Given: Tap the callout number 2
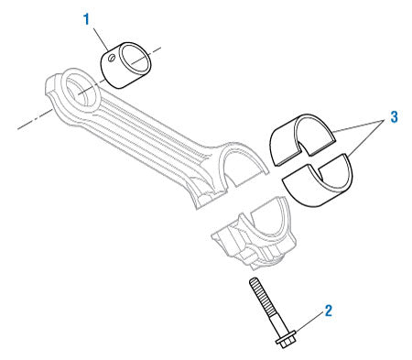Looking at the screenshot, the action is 328,311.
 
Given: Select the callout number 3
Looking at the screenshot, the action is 393,117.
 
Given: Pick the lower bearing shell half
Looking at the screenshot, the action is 317,178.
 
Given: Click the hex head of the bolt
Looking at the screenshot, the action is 284,341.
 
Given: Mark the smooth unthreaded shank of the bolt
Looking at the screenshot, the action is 272,322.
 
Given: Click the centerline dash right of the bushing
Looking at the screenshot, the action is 158,47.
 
